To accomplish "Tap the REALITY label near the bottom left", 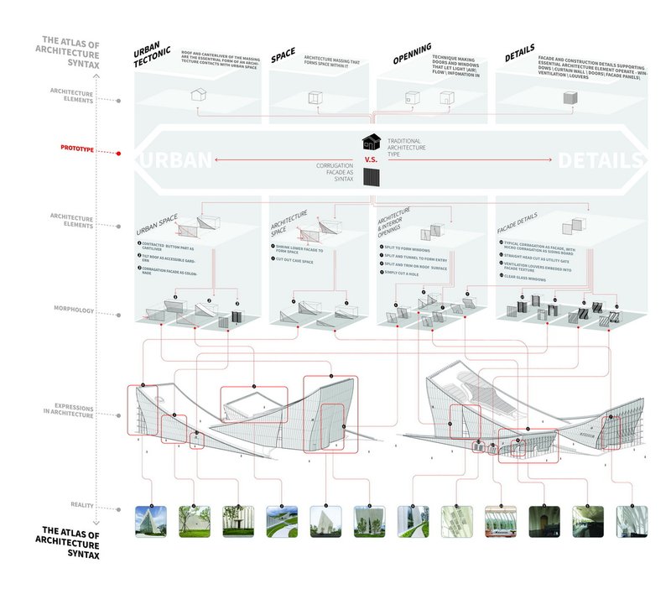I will tap(86, 504).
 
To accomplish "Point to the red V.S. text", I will tap(372, 159).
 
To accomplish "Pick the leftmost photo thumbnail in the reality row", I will tap(148, 521).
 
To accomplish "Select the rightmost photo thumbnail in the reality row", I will tap(631, 521).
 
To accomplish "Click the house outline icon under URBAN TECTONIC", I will tap(198, 95).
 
